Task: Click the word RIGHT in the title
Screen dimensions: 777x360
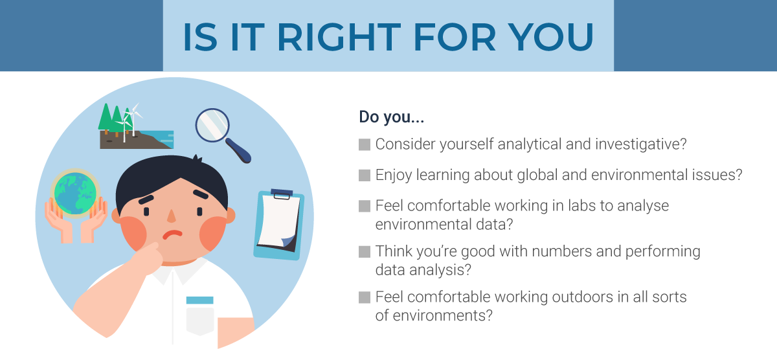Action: [339, 37]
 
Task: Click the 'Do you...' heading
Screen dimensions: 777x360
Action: [391, 117]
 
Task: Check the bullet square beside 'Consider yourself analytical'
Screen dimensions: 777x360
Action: [364, 144]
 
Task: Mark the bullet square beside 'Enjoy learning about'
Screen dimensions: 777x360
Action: [364, 175]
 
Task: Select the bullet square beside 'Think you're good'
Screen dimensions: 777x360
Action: [364, 252]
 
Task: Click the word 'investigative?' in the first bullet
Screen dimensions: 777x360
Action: [640, 144]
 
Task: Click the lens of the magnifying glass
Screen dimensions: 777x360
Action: [212, 125]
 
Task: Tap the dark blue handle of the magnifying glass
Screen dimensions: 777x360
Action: [239, 150]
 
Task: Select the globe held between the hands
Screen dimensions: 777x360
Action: [75, 193]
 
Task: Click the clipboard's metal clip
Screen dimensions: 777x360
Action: [282, 194]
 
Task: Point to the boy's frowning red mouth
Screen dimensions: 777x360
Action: [172, 234]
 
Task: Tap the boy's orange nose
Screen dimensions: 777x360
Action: [172, 216]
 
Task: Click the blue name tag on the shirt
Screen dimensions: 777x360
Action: [200, 300]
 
